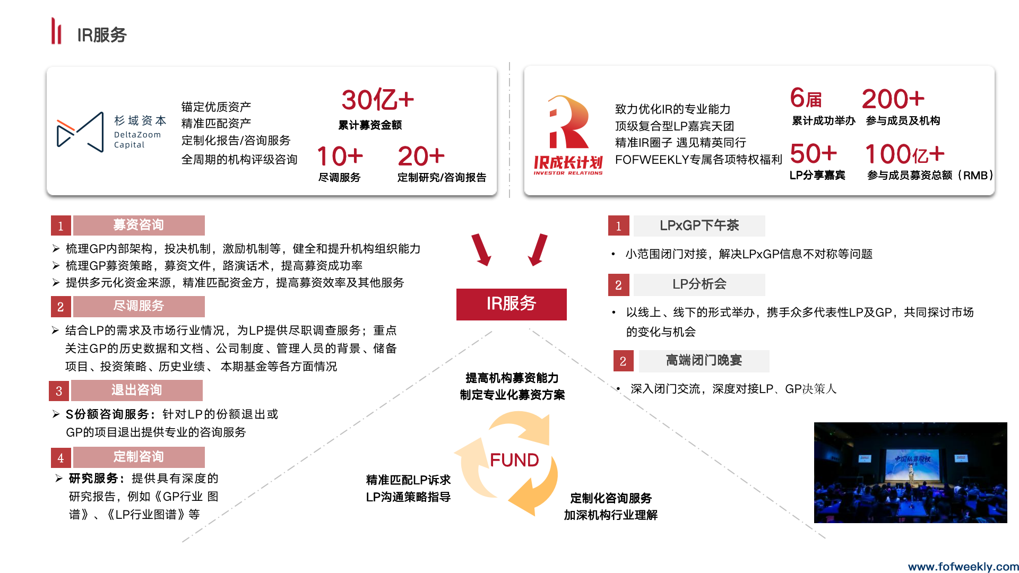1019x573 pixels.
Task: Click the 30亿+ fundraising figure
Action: [377, 100]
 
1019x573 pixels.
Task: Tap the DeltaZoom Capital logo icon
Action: [80, 132]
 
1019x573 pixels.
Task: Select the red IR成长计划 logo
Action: [568, 135]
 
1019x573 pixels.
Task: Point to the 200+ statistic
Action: [893, 99]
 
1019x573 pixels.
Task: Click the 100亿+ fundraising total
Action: [904, 154]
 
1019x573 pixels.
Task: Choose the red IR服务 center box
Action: [511, 304]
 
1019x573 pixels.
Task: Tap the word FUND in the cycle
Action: [514, 460]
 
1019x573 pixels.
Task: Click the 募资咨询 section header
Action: [139, 225]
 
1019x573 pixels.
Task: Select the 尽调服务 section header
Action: [139, 306]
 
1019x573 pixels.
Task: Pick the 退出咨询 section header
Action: [136, 390]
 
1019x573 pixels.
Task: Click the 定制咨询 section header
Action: [139, 457]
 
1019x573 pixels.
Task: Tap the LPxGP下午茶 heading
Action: [699, 226]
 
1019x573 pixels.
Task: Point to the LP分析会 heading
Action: [699, 284]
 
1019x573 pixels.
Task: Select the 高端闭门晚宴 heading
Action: [704, 361]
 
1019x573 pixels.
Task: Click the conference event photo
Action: [910, 472]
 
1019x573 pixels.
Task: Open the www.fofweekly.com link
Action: [963, 567]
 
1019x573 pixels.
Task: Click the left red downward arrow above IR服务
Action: [481, 249]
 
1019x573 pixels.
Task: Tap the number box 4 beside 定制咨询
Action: [61, 458]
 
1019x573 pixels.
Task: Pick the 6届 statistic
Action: [806, 99]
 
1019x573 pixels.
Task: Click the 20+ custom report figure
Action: [421, 157]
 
